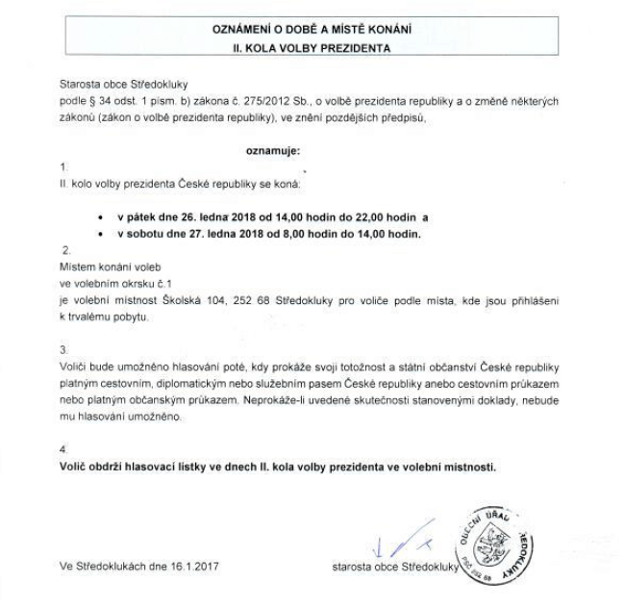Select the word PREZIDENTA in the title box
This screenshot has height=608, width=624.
click(359, 46)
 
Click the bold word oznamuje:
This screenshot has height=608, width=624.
click(274, 151)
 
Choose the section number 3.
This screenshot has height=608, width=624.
click(63, 349)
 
